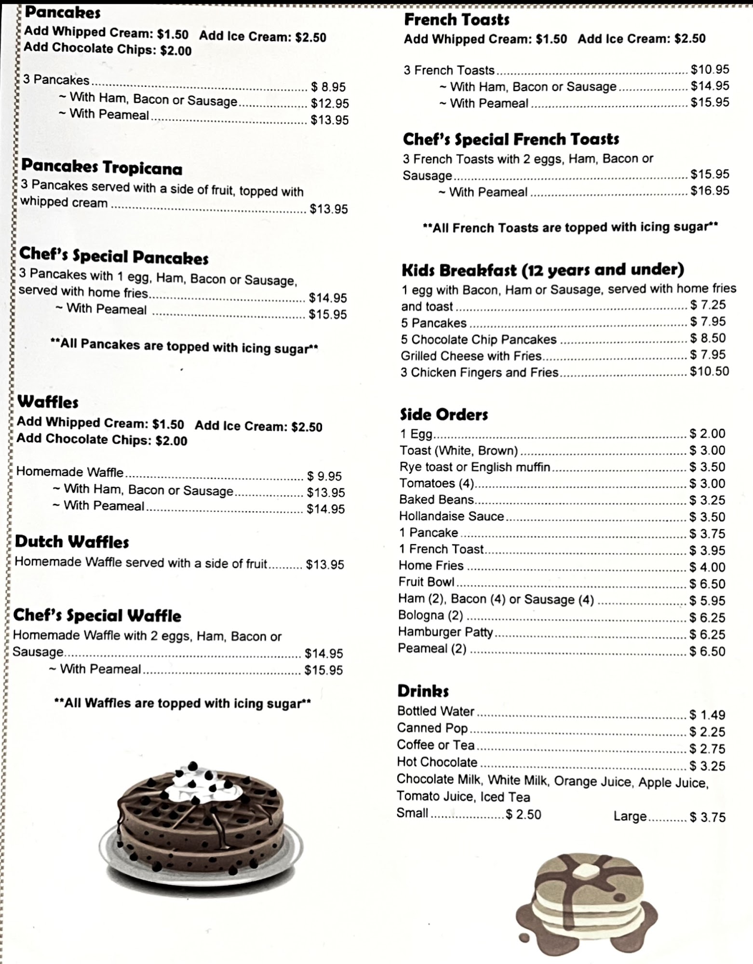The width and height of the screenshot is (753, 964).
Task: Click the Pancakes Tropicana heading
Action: click(x=102, y=167)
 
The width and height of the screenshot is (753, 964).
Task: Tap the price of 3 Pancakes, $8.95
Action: click(x=328, y=87)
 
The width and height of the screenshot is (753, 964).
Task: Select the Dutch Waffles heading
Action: click(x=72, y=542)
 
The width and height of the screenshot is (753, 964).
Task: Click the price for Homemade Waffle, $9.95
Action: click(x=324, y=476)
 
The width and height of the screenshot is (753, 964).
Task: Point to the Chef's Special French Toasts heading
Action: click(x=511, y=139)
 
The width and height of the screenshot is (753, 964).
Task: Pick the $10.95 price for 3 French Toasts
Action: click(x=710, y=69)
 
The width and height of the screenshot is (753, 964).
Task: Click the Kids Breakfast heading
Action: click(x=542, y=269)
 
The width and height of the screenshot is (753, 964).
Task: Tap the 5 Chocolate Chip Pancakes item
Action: click(x=479, y=339)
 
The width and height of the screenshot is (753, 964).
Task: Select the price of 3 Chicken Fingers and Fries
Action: click(x=709, y=371)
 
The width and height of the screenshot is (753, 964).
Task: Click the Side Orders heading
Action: click(x=444, y=415)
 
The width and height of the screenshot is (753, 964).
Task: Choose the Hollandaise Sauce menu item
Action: click(x=451, y=516)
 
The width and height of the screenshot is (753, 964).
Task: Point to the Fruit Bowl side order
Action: click(x=426, y=582)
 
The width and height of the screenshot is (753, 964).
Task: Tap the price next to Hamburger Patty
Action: click(x=707, y=634)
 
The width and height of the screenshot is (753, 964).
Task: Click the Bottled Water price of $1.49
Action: click(x=707, y=715)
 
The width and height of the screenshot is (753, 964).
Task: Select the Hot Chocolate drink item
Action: click(x=437, y=762)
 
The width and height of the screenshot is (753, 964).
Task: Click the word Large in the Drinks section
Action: click(x=630, y=816)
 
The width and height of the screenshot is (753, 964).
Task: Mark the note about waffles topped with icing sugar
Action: click(x=183, y=703)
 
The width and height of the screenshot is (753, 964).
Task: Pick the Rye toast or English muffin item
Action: click(x=474, y=467)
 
